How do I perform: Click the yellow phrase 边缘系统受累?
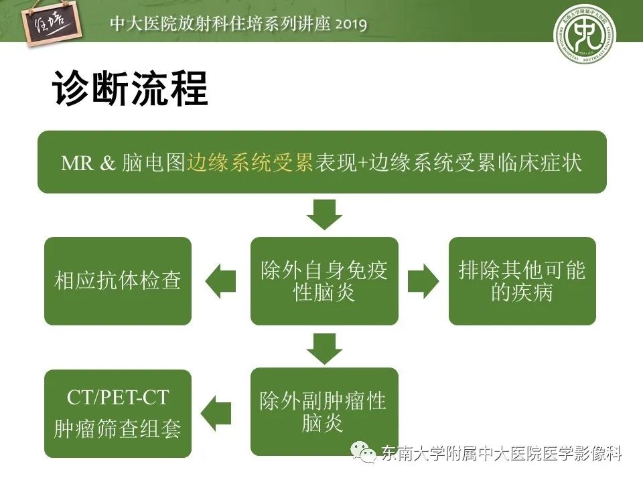point(251,163)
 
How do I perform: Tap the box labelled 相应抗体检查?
point(118,281)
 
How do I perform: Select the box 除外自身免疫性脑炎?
point(324,281)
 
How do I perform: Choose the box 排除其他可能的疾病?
point(522,281)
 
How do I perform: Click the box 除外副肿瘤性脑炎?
point(324,412)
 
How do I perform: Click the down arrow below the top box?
point(324,214)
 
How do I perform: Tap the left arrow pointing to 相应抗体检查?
point(220,281)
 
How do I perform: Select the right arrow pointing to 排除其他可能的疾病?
point(423,281)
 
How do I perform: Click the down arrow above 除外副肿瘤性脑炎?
point(324,348)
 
